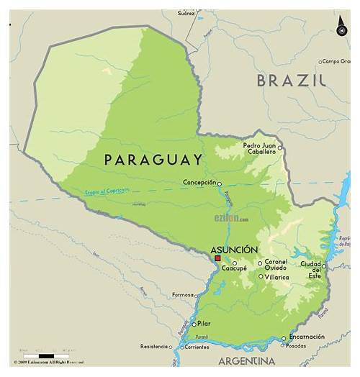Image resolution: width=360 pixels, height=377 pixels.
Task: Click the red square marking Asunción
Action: point(217,258)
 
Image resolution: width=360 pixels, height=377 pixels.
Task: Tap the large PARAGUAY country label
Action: point(153,160)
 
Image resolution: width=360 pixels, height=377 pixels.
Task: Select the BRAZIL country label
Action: point(292,80)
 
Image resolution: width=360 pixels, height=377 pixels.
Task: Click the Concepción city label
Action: point(199,183)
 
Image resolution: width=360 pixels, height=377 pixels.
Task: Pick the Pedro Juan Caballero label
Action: point(259,148)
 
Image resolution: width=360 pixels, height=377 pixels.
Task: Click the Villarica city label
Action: point(275,277)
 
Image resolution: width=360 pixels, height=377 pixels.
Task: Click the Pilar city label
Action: point(204,324)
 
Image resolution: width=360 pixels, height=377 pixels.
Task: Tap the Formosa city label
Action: point(183,295)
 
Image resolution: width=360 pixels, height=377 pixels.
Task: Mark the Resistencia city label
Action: point(154,346)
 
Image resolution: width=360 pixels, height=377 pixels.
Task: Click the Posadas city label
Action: point(296,345)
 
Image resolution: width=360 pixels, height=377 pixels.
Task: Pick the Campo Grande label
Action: point(336,61)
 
